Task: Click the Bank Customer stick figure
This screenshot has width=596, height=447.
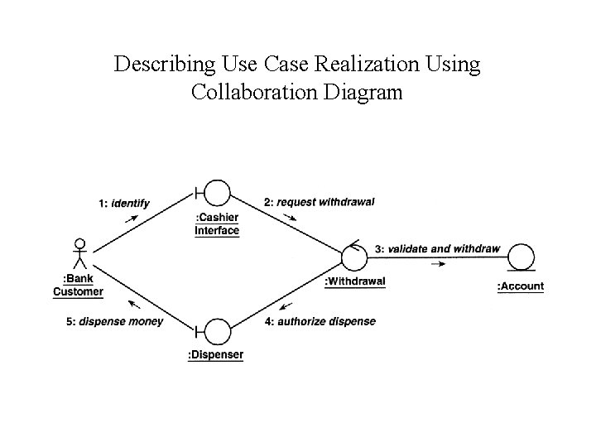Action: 79,256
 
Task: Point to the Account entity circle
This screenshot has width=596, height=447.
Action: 521,257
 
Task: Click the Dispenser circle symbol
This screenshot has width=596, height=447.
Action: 217,332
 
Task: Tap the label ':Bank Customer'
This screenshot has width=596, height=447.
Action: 79,285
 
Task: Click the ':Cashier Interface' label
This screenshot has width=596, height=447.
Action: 217,224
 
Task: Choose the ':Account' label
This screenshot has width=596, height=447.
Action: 520,286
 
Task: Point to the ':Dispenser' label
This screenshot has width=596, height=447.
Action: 216,355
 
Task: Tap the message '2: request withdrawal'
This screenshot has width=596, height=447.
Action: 319,201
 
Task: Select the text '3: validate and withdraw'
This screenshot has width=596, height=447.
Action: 437,248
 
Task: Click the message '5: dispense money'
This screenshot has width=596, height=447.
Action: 114,321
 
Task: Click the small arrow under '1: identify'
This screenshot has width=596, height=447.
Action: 132,219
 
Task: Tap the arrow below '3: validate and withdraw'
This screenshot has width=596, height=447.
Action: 438,264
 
